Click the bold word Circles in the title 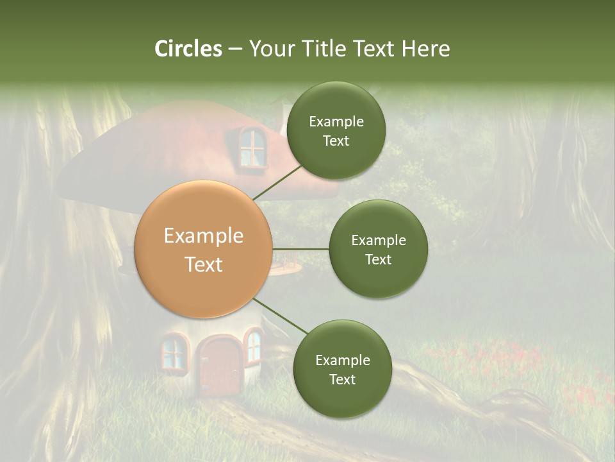[188, 49]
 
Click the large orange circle [204, 249]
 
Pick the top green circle [336, 130]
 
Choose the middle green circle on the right [378, 249]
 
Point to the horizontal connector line [300, 249]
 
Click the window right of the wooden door [254, 346]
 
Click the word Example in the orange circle [204, 236]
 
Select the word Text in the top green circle [336, 141]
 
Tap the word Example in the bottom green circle [342, 360]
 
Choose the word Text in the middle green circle [378, 259]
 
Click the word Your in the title [270, 49]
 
